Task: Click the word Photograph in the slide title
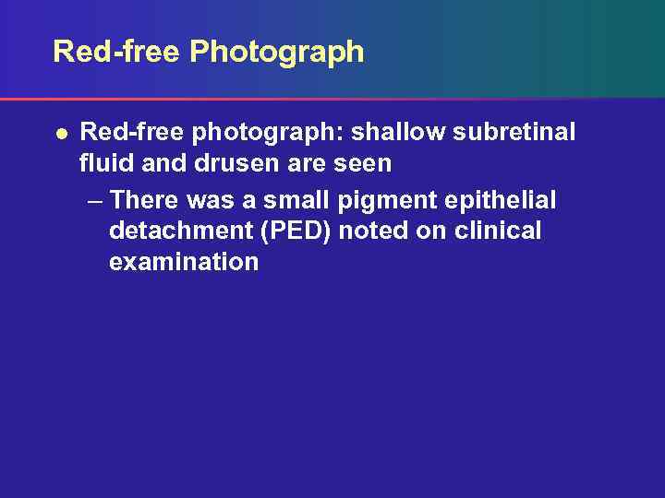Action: click(277, 53)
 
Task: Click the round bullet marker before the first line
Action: click(60, 134)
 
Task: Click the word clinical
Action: click(496, 231)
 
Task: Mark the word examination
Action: click(184, 262)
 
